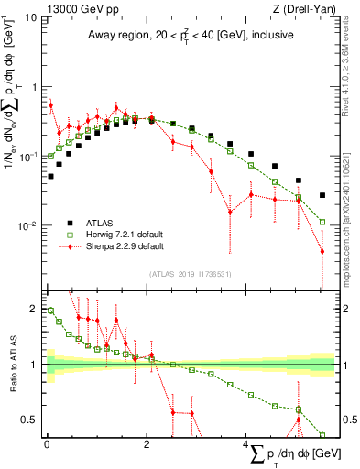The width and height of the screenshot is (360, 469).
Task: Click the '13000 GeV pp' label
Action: (x=70, y=8)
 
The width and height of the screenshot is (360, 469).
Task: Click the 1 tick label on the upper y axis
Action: (x=34, y=87)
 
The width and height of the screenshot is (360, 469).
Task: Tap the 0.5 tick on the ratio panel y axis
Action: (x=29, y=420)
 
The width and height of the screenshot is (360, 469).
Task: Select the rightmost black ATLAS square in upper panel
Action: (x=322, y=195)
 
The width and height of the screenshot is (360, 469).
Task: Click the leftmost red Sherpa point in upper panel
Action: (x=50, y=105)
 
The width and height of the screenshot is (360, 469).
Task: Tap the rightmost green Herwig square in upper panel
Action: (x=322, y=221)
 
